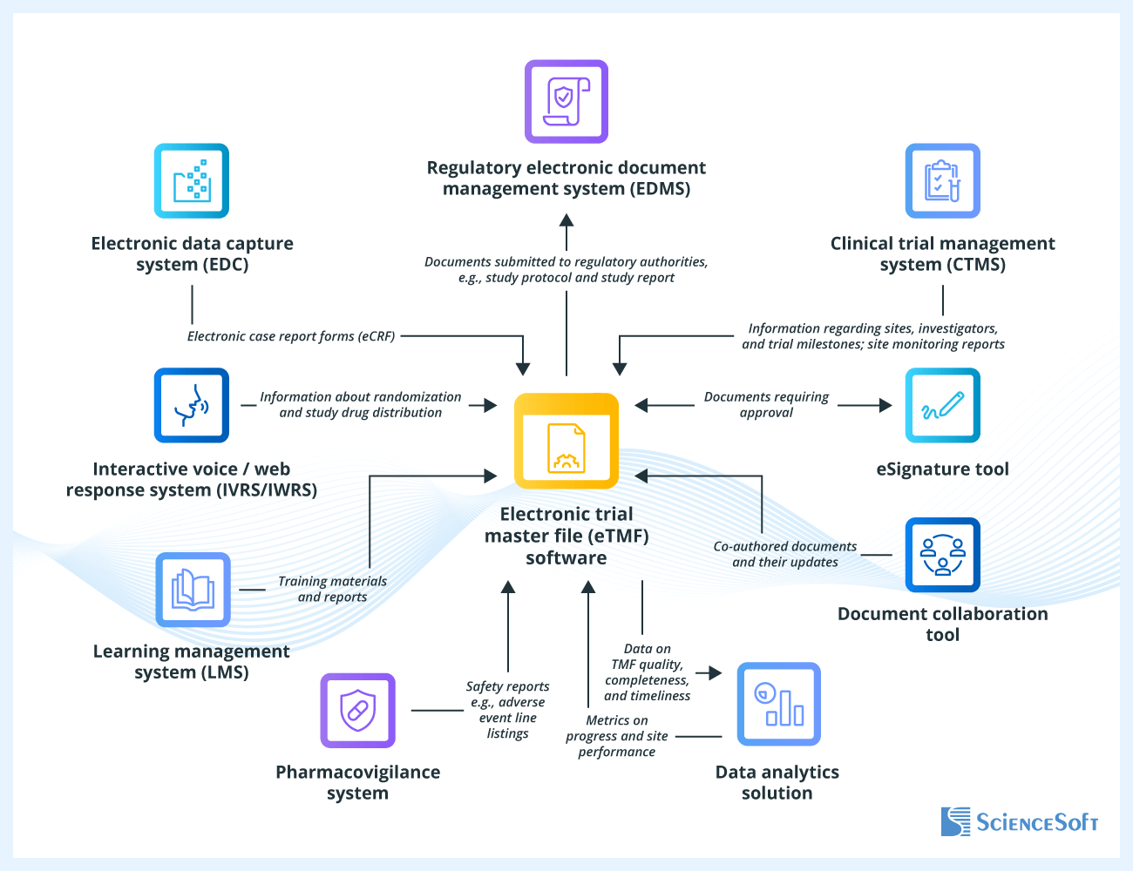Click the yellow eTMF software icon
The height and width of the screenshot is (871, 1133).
pos(566,441)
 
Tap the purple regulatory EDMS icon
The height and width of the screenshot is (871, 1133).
pos(566,102)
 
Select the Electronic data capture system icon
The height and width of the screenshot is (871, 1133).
pos(192,181)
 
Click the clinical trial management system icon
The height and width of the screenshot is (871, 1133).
pos(943,181)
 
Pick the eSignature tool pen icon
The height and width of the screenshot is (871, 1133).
pos(943,405)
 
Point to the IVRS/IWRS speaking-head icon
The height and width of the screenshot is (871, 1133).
pos(192,405)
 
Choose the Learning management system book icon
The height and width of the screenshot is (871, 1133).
pos(193,590)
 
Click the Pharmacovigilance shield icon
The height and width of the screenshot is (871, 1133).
pos(357,711)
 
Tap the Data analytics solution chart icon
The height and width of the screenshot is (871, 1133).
pos(778,704)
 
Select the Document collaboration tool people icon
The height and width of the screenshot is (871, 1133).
pos(943,555)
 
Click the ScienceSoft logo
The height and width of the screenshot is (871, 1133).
pos(1019,821)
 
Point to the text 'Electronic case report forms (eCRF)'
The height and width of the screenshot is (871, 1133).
pos(291,336)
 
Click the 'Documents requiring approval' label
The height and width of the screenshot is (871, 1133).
pos(766,405)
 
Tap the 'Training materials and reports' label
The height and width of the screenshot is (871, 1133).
pos(332,590)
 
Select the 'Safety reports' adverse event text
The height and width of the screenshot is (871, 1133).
pos(507,710)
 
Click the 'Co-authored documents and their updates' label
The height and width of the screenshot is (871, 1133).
pos(785,555)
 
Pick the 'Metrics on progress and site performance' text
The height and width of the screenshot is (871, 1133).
pos(616,736)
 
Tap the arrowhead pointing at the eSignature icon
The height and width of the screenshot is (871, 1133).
pos(885,405)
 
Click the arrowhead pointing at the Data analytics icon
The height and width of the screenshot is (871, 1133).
pos(716,672)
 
